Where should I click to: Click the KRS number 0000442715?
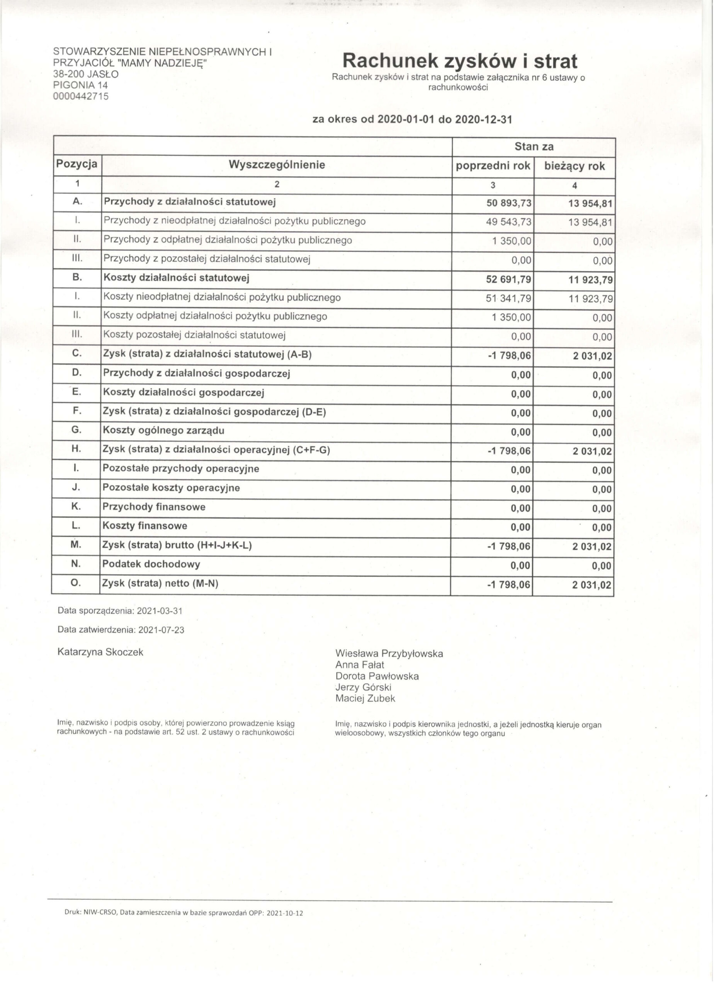click(x=81, y=97)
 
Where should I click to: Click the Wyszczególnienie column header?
click(x=279, y=166)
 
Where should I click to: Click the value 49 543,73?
click(x=513, y=224)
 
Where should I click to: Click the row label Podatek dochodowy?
click(x=152, y=569)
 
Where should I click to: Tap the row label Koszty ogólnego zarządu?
click(x=164, y=434)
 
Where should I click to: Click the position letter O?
click(x=76, y=587)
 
